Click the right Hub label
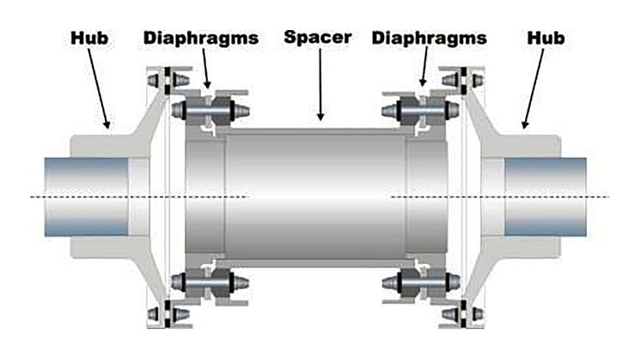coord(546,39)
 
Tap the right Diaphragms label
coord(430,39)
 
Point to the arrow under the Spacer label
coord(320,86)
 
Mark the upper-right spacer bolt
coord(422,111)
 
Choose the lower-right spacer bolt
coord(422,282)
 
